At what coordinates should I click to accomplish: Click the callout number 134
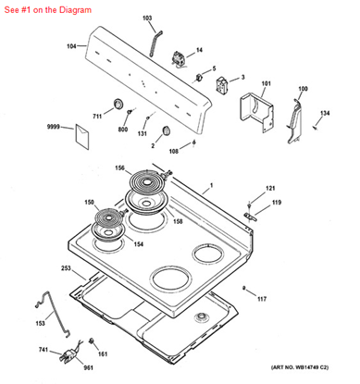pyautogui.click(x=325, y=113)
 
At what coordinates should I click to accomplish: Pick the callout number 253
pyautogui.click(x=67, y=267)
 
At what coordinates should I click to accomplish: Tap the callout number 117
pyautogui.click(x=262, y=299)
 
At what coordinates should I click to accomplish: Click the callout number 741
pyautogui.click(x=44, y=349)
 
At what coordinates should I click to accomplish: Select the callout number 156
pyautogui.click(x=120, y=167)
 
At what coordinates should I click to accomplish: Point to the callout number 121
pyautogui.click(x=270, y=189)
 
